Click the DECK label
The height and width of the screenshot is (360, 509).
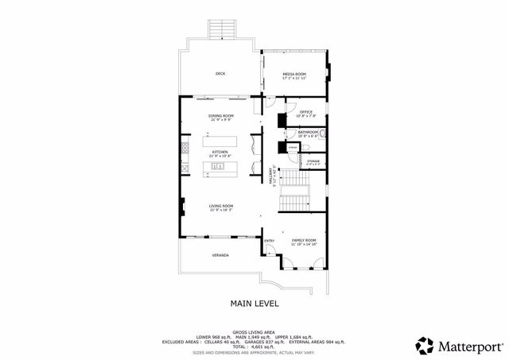click(220, 74)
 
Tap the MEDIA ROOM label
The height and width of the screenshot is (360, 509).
click(294, 74)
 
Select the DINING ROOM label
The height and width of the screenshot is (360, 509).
click(221, 115)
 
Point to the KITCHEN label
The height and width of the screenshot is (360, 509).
click(220, 152)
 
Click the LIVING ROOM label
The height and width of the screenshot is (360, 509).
click(220, 207)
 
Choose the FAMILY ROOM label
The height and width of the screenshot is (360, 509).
click(304, 240)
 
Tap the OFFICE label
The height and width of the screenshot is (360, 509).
click(306, 111)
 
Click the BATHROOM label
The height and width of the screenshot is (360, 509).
click(308, 131)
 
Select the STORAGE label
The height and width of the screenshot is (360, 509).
click(313, 161)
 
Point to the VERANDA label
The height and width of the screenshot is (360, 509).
click(220, 255)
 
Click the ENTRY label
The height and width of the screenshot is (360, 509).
click(269, 241)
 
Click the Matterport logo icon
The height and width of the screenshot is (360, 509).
click(425, 346)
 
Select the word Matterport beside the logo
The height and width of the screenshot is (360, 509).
click(469, 346)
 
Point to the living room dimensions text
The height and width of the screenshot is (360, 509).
click(220, 211)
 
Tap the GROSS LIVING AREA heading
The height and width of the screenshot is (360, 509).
click(254, 332)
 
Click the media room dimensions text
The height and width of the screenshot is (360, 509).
click(294, 79)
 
